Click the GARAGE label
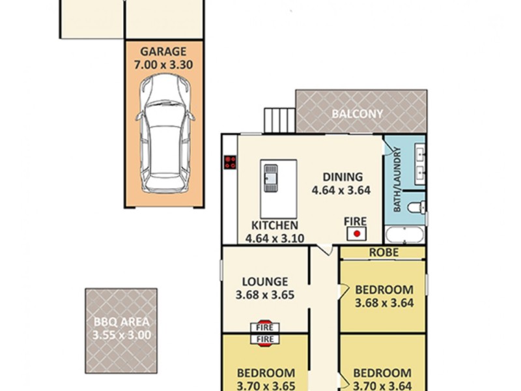pos(163,51)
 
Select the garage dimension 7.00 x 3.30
pos(163,65)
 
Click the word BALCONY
pos(358,113)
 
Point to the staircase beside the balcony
pos(279,120)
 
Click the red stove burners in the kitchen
pos(229,162)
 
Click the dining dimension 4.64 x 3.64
pos(341,190)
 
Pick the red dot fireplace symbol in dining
pos(357,233)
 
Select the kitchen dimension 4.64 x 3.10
pos(274,238)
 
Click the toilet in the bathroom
pos(416,208)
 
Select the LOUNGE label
pos(265,282)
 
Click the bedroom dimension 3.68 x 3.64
pos(384,302)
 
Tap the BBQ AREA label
pos(121,322)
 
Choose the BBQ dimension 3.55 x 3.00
pos(121,336)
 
